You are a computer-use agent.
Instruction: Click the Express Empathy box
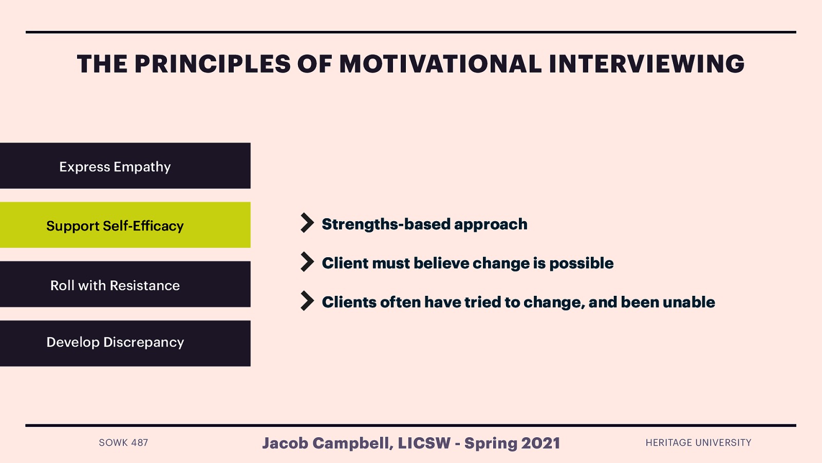point(125,166)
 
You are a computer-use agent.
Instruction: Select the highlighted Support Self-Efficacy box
point(125,225)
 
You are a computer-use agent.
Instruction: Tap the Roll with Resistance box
point(125,284)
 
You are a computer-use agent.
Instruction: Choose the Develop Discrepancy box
point(125,343)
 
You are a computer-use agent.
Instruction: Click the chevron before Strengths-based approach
point(307,223)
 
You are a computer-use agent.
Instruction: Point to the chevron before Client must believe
point(307,262)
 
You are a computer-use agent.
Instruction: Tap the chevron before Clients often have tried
point(307,301)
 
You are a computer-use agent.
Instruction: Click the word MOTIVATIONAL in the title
point(440,65)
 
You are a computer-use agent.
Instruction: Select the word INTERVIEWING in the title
point(646,65)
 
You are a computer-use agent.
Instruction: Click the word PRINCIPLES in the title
point(213,65)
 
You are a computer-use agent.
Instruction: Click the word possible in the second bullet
point(581,263)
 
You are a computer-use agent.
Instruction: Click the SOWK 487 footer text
point(123,443)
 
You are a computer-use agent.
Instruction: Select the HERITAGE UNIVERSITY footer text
point(698,443)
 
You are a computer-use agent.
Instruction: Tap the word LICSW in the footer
point(424,443)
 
